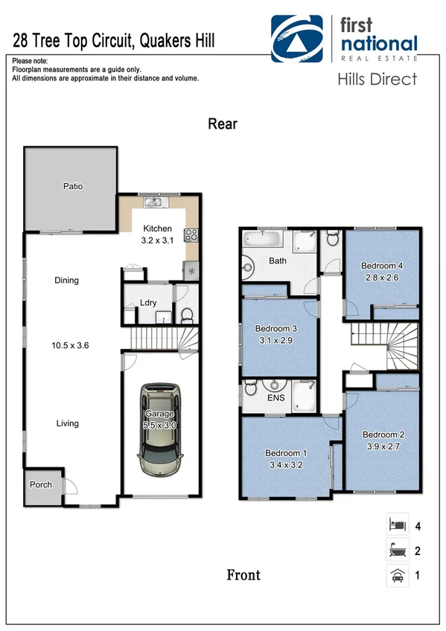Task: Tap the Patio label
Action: pyautogui.click(x=71, y=187)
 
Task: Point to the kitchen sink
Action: pyautogui.click(x=154, y=201)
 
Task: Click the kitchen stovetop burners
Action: pyautogui.click(x=191, y=236)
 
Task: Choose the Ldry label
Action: pyautogui.click(x=147, y=303)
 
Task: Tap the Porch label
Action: pyautogui.click(x=41, y=484)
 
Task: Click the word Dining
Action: pyautogui.click(x=66, y=281)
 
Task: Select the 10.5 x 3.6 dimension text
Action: pyautogui.click(x=66, y=345)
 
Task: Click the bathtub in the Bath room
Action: pyautogui.click(x=262, y=240)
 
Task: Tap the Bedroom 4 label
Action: pyautogui.click(x=382, y=266)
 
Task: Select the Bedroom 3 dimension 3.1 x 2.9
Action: pyautogui.click(x=275, y=340)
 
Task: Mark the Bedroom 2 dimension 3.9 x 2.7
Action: pyautogui.click(x=382, y=446)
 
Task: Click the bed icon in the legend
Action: pyautogui.click(x=396, y=525)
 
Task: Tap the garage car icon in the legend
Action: pyautogui.click(x=396, y=574)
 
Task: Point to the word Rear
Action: pyautogui.click(x=222, y=124)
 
